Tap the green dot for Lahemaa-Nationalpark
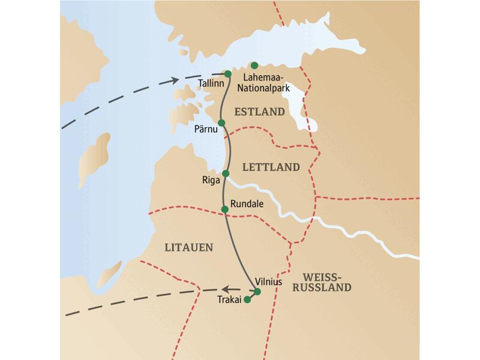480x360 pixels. tap(254, 65)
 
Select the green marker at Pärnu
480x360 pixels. tap(221, 123)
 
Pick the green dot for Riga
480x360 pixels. tap(226, 173)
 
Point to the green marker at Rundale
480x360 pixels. tap(225, 209)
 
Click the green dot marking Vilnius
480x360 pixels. tap(257, 292)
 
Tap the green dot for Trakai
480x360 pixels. tap(247, 300)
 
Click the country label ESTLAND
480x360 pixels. tap(259, 112)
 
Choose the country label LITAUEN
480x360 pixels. tap(188, 247)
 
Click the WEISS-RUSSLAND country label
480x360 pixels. tap(327, 282)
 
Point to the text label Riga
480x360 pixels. tap(212, 179)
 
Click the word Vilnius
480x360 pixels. tap(269, 280)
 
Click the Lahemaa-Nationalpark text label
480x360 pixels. tap(266, 83)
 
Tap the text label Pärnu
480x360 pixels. tap(205, 130)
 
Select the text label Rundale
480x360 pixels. tap(247, 203)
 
